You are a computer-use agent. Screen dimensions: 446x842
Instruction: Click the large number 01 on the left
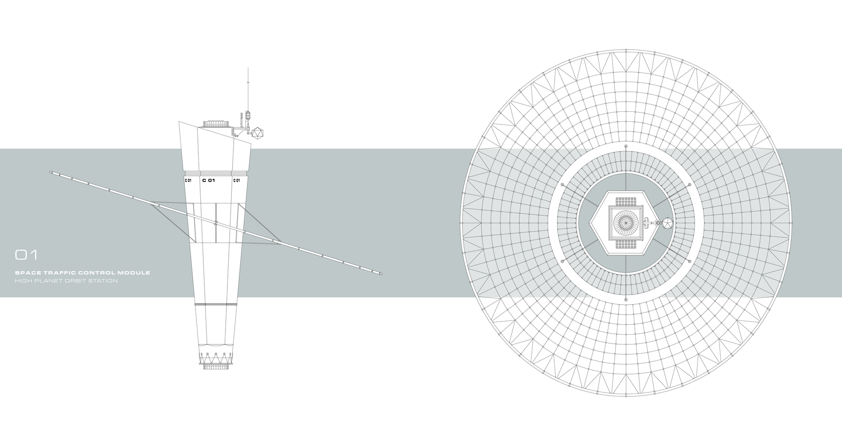pos(26,255)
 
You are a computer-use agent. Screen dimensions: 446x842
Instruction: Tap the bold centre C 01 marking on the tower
pos(208,180)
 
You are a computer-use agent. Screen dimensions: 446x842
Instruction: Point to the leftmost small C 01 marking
pos(188,180)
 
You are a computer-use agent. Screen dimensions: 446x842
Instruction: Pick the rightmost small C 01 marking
pos(236,180)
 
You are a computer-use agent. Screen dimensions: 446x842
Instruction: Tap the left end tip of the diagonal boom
pos(51,172)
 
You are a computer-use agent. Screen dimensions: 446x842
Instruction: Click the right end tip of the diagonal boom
pos(381,273)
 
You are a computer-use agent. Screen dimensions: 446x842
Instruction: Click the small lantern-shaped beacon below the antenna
pos(248,115)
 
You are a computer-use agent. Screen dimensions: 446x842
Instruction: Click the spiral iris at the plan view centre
pos(626,223)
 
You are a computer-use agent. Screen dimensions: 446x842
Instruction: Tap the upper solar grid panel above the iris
pos(626,202)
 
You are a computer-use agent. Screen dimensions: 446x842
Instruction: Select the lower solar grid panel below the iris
pos(626,245)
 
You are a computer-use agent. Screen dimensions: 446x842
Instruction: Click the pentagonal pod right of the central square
pos(666,223)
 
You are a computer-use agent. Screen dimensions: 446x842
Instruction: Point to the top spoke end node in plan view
pos(626,147)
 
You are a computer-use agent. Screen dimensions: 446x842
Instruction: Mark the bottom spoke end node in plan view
pos(626,299)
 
